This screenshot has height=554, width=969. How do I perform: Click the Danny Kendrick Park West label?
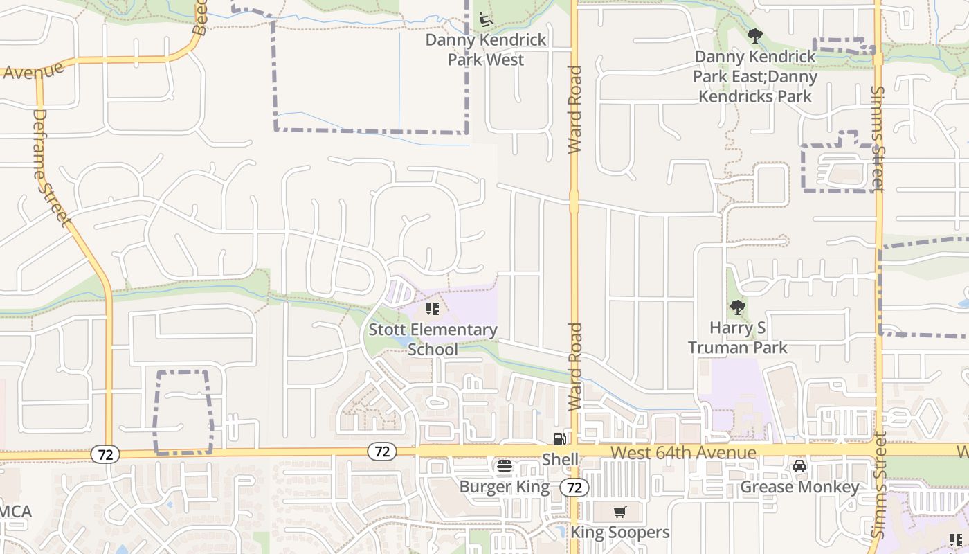pos(485,50)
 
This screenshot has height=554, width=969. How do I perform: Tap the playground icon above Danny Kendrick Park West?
pos(486,19)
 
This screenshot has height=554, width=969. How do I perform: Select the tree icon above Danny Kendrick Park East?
pos(754,36)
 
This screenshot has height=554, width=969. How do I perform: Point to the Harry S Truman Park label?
pos(737,337)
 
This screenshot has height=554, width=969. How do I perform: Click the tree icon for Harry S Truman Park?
pos(737,307)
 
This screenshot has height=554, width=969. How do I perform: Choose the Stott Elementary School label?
pos(433,339)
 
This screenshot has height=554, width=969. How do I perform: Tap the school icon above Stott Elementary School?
pos(433,309)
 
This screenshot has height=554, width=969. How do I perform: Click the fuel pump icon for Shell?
pos(559,438)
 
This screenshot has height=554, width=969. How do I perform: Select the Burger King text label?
pos(505,487)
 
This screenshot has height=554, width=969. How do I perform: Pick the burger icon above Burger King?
pos(505,467)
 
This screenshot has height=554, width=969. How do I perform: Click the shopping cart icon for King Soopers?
pos(619,512)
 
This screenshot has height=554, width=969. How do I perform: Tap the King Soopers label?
pos(619,533)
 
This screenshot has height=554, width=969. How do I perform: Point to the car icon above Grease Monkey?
pos(799,466)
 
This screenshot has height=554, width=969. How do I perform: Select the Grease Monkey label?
pos(799,487)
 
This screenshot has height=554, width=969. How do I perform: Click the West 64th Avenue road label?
pos(684,453)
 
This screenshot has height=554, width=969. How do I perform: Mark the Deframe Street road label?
pos(51,168)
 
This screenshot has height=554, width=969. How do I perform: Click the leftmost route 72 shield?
pos(105,455)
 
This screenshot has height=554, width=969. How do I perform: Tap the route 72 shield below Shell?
pos(574,487)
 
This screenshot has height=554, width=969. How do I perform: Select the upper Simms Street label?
pos(878,138)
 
